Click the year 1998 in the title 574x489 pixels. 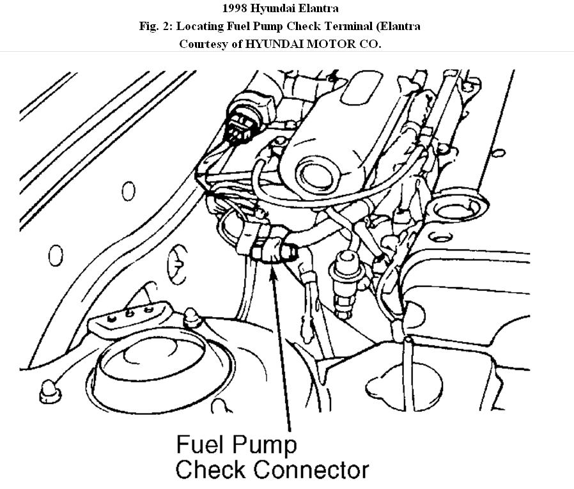pyautogui.click(x=236, y=9)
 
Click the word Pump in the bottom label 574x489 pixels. pyautogui.click(x=267, y=444)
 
